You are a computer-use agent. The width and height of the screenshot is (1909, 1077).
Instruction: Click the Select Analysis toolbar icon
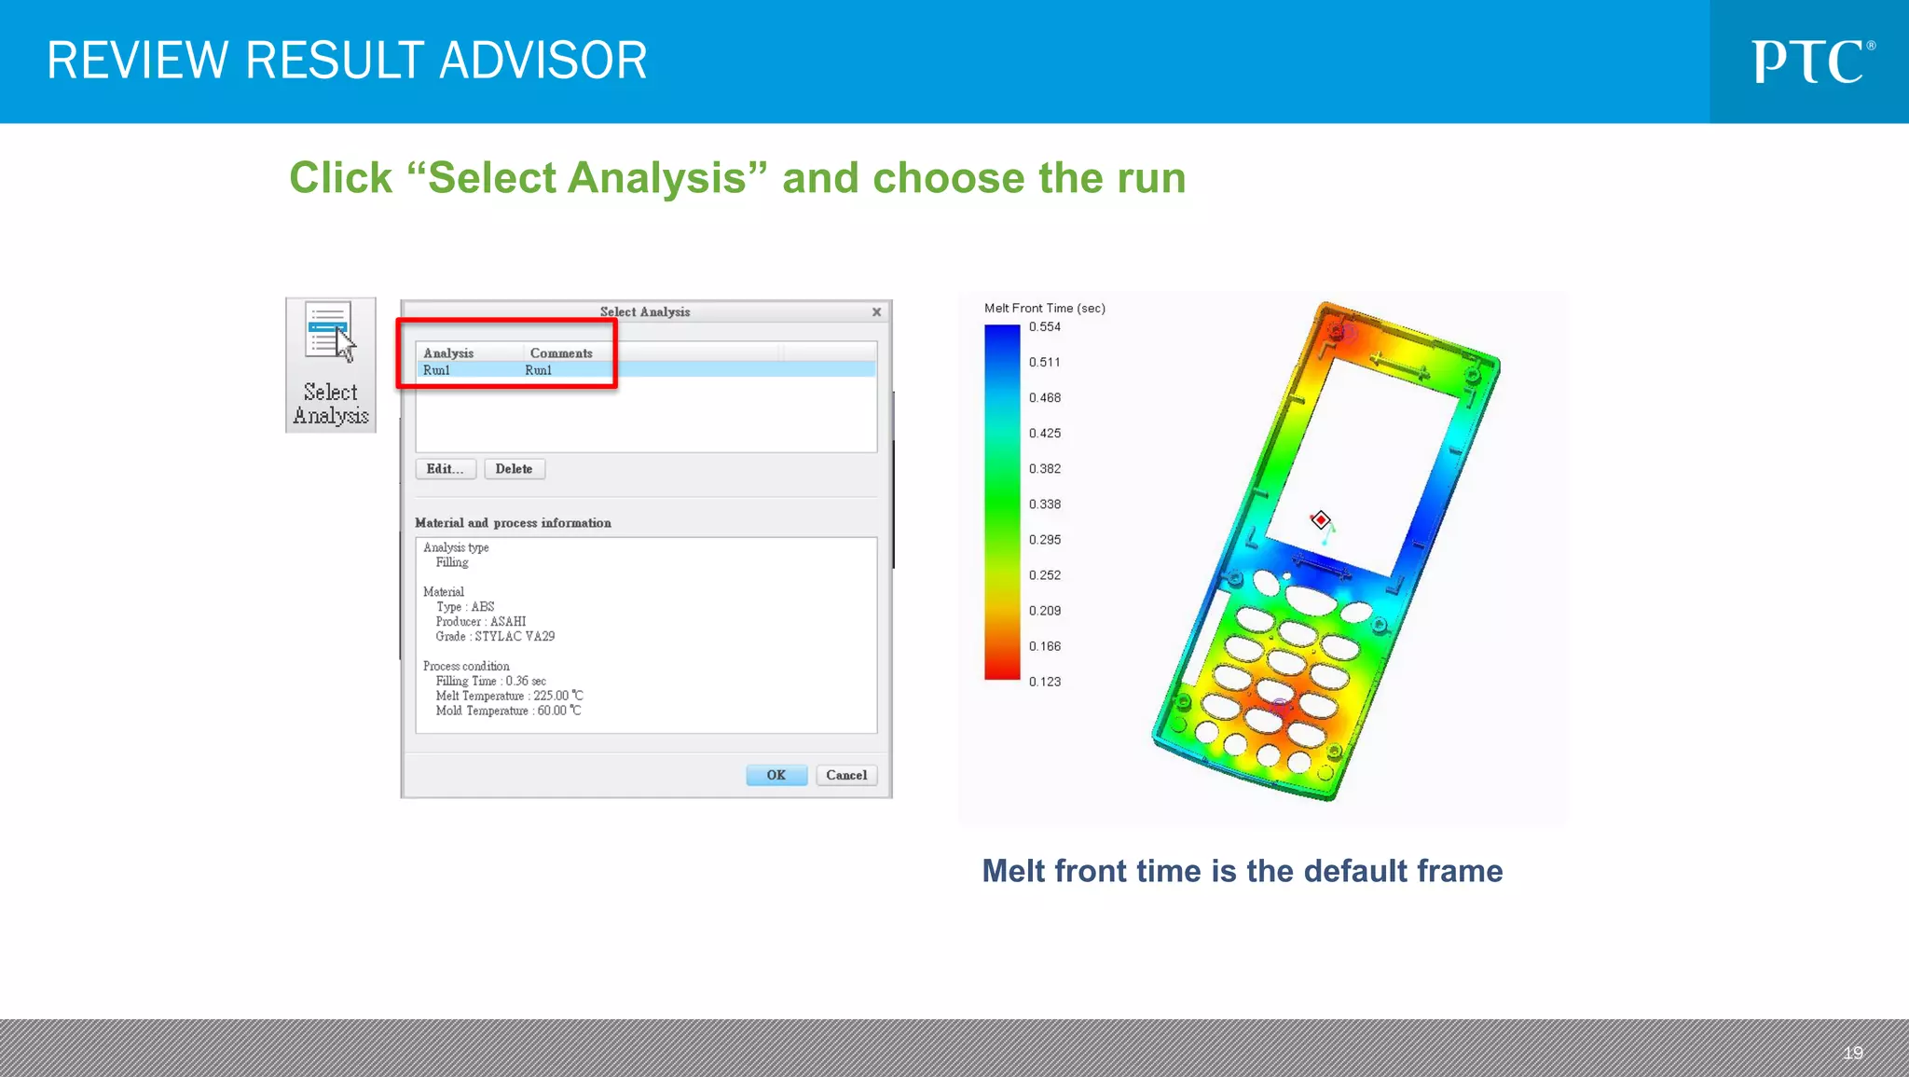(x=331, y=365)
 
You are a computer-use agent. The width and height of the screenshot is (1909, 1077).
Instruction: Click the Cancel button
(x=845, y=775)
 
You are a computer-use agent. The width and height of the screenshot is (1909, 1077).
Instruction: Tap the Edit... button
(x=445, y=469)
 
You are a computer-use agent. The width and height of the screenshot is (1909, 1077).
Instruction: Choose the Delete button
(x=514, y=469)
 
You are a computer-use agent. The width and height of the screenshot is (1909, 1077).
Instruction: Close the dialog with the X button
(x=876, y=312)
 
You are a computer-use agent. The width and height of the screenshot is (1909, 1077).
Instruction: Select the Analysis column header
(x=448, y=353)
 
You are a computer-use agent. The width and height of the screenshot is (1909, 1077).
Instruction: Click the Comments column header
(x=561, y=353)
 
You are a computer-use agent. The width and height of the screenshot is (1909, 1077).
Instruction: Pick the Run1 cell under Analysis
(x=436, y=370)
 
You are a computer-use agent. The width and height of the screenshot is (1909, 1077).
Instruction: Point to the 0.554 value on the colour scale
(x=1044, y=327)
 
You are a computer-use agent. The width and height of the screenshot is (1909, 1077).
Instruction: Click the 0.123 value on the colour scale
(x=1044, y=682)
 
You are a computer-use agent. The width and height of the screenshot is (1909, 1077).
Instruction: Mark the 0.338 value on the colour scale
(x=1044, y=504)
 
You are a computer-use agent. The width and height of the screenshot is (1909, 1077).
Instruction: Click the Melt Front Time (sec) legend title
(x=1044, y=308)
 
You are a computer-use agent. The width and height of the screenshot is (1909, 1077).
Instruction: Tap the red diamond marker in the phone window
(x=1321, y=519)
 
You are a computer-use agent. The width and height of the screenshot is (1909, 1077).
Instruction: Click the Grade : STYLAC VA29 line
(x=495, y=637)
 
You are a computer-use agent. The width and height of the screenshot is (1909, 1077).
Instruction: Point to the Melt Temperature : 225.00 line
(x=509, y=696)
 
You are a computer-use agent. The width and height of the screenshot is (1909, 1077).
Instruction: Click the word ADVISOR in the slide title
(x=542, y=61)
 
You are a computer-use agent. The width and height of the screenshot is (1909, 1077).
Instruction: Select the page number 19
(x=1852, y=1053)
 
